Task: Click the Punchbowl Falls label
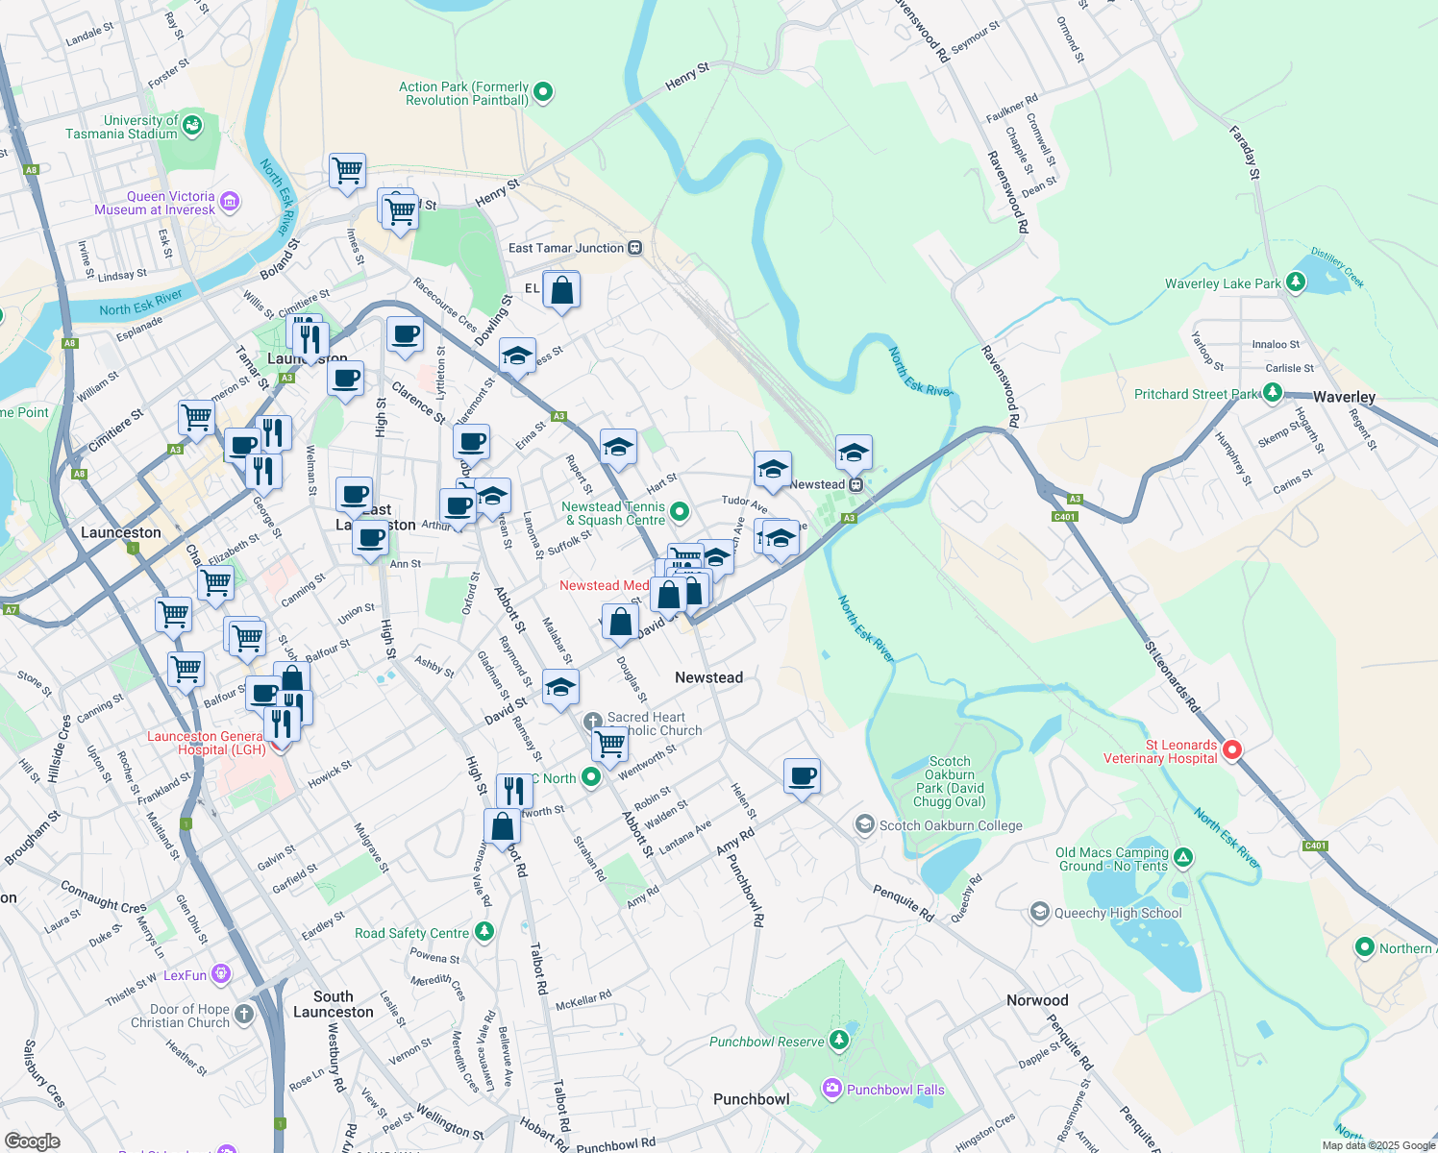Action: click(895, 1090)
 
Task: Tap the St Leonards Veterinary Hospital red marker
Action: click(1231, 750)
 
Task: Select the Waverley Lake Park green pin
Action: click(1296, 282)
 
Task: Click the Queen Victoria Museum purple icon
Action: click(230, 202)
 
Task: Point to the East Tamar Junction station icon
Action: click(634, 248)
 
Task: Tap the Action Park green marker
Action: click(543, 93)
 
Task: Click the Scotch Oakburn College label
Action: click(950, 825)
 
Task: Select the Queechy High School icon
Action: click(1039, 912)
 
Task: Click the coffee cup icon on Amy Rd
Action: click(802, 774)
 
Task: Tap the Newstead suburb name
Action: click(708, 677)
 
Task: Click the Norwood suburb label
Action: click(1037, 1000)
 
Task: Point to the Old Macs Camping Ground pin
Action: click(1183, 857)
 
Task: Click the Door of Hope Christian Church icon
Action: click(244, 1014)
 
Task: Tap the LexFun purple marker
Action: click(221, 974)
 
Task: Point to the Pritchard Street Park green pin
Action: click(1273, 393)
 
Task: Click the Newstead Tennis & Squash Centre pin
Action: click(680, 512)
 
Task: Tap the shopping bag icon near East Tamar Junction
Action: click(561, 289)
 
